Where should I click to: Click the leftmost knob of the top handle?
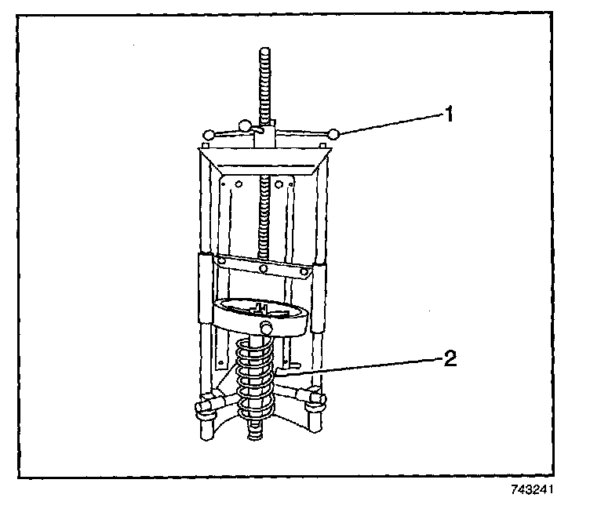point(208,136)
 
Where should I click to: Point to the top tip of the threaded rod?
point(261,53)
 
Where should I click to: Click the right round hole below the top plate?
point(290,185)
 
